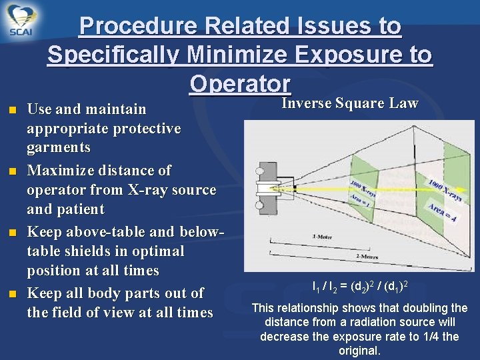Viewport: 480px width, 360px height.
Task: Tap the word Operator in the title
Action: (240, 84)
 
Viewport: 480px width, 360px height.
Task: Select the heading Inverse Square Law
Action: (349, 103)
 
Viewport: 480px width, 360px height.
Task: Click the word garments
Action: (59, 147)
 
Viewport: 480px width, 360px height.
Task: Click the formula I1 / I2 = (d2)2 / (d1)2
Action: (359, 287)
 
